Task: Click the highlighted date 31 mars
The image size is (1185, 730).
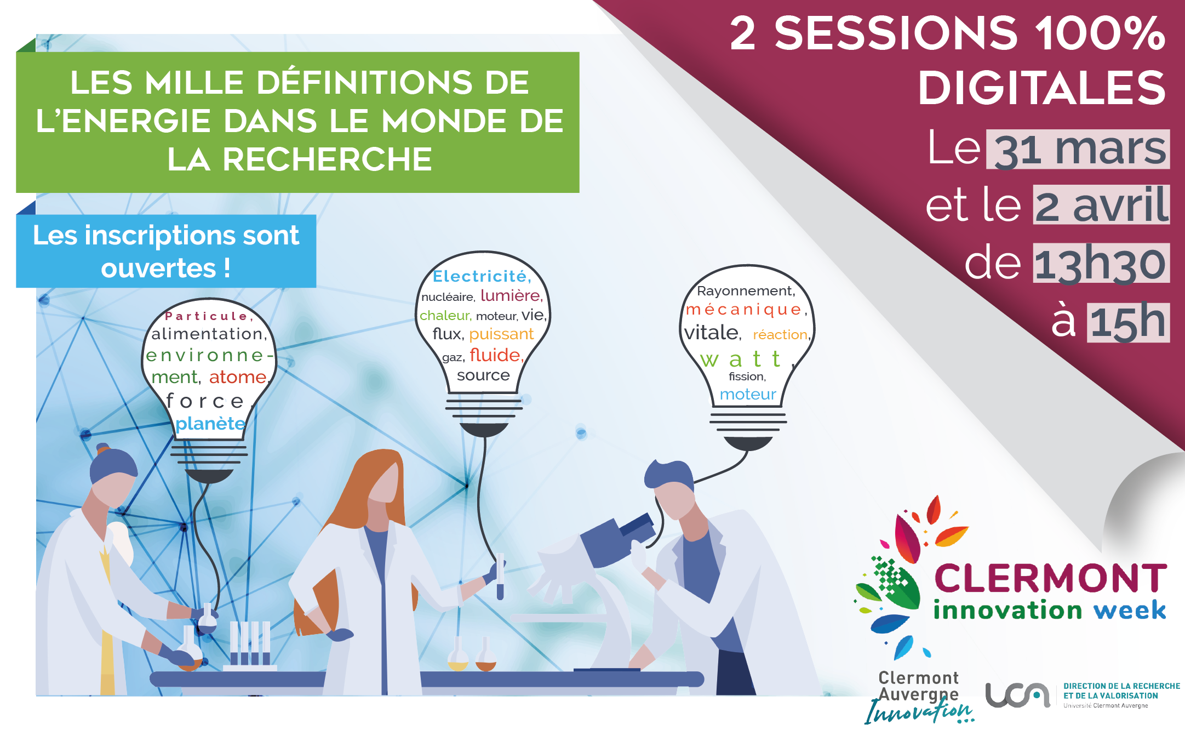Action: coord(1078,150)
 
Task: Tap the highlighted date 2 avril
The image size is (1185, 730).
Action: coord(1101,205)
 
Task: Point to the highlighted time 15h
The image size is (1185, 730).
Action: coord(1129,322)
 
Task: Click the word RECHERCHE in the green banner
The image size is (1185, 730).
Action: coord(328,159)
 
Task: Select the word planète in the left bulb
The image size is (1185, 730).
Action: coord(210,424)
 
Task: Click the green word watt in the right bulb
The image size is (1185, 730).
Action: coord(741,360)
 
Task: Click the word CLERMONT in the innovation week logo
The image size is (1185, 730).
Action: coord(1050,578)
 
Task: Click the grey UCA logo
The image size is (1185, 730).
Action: coord(1017,695)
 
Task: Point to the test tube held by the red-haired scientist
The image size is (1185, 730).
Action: coord(500,576)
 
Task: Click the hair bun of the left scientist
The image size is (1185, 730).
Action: coord(102,449)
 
